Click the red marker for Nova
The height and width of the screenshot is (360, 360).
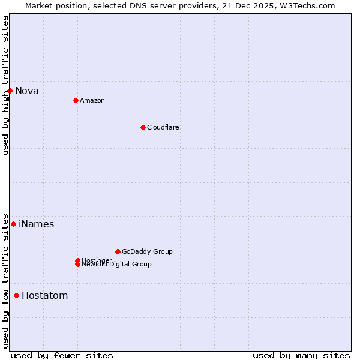(x=10, y=91)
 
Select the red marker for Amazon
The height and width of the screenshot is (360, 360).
(x=76, y=100)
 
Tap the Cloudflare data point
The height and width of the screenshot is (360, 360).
(x=143, y=127)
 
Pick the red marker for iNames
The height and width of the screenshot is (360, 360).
(x=13, y=224)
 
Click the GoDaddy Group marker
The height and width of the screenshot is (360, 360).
(x=118, y=251)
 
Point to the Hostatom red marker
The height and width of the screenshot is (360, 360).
(x=16, y=295)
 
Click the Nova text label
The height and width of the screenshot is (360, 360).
(x=27, y=91)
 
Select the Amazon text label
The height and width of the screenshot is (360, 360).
(x=92, y=100)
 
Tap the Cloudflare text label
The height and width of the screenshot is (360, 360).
(x=163, y=127)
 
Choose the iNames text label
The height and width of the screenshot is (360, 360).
(x=36, y=224)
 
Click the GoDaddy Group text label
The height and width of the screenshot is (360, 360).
(x=147, y=251)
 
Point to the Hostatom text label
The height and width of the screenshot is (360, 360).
(x=44, y=296)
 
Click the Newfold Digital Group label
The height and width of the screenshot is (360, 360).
(x=117, y=265)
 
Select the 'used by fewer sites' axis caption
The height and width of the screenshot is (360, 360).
(x=62, y=355)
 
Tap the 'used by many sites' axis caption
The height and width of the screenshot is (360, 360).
(x=301, y=355)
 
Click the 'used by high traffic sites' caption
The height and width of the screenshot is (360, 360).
(x=6, y=85)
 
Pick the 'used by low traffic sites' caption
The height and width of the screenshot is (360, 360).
(x=6, y=280)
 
